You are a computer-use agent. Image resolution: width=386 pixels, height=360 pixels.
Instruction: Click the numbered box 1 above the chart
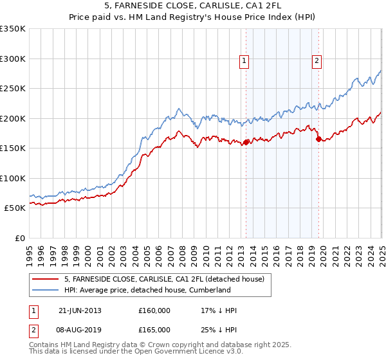[245, 62]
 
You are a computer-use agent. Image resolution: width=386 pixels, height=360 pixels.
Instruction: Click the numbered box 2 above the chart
[317, 62]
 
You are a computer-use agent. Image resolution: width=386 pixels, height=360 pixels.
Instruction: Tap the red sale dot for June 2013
[246, 143]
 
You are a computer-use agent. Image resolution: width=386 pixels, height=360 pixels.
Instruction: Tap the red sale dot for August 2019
[318, 139]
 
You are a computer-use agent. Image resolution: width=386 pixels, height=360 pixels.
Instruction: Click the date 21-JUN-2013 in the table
[79, 311]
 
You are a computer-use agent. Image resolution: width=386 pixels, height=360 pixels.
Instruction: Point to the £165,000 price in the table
[154, 330]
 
